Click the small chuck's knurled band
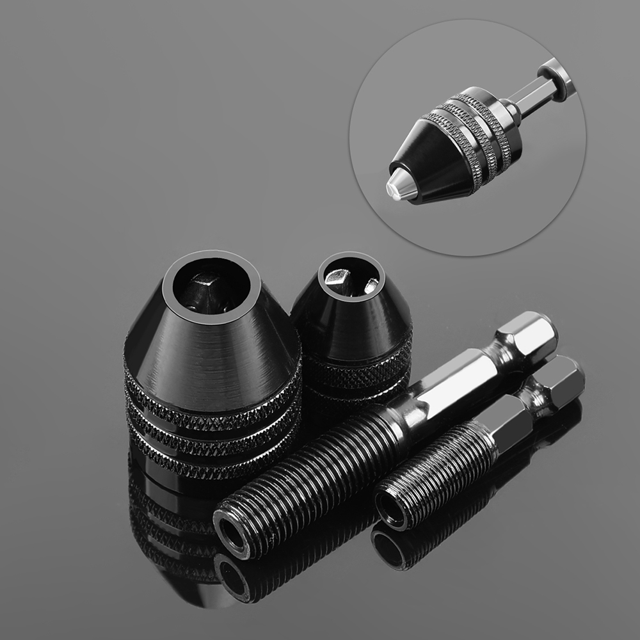point(358,368)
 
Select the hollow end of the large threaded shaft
point(231,530)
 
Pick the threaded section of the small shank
point(435,474)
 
